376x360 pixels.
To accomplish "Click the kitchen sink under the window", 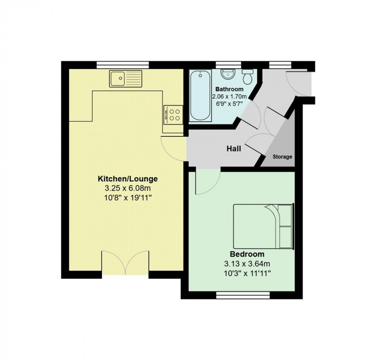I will click(x=125, y=78).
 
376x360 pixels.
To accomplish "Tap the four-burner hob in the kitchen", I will click(x=173, y=114).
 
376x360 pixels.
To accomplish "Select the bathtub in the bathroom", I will click(x=201, y=96).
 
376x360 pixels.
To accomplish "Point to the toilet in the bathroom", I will click(x=247, y=76).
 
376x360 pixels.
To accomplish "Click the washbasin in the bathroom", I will click(x=227, y=74).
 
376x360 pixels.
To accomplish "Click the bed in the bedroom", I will click(x=263, y=226).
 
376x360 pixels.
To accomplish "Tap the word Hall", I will click(x=234, y=149).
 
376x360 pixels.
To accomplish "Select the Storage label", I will click(x=282, y=157).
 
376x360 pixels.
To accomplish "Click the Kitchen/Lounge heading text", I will click(x=128, y=179).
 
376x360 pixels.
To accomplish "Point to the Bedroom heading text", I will click(x=247, y=254).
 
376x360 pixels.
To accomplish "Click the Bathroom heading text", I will click(x=229, y=89).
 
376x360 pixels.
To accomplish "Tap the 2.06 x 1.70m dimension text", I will click(x=229, y=97).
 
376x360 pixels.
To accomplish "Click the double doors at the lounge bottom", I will click(x=125, y=262).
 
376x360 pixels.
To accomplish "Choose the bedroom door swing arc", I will click(x=208, y=182).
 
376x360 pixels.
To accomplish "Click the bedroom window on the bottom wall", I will click(x=243, y=295).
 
